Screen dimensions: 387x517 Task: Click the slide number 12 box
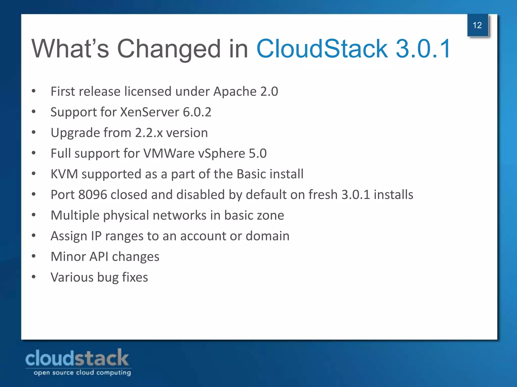[x=477, y=25]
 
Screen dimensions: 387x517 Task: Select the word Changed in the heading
[x=169, y=49]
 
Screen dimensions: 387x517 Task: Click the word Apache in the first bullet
[x=235, y=91]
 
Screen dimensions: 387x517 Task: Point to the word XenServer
[x=149, y=112]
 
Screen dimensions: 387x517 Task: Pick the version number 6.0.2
[x=197, y=112]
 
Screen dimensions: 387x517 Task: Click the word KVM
[x=64, y=174]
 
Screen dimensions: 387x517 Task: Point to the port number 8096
[x=93, y=195]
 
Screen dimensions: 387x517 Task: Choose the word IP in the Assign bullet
[x=96, y=236]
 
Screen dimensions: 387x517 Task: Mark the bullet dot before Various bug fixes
[x=34, y=277]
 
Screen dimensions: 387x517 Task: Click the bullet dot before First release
[x=34, y=91]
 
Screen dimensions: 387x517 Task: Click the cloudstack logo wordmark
[x=77, y=358]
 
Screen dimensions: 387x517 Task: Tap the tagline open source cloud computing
[x=82, y=373]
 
